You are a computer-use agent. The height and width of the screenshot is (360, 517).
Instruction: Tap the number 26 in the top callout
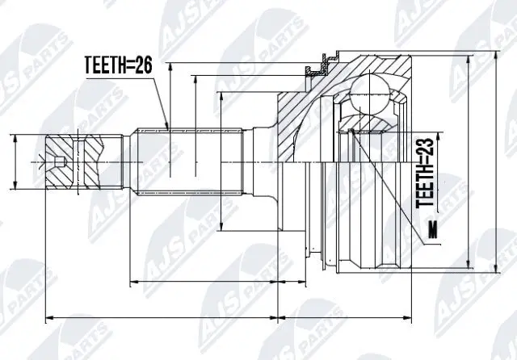[143, 66]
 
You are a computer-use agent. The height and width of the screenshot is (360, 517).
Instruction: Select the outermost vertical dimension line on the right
[495, 161]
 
